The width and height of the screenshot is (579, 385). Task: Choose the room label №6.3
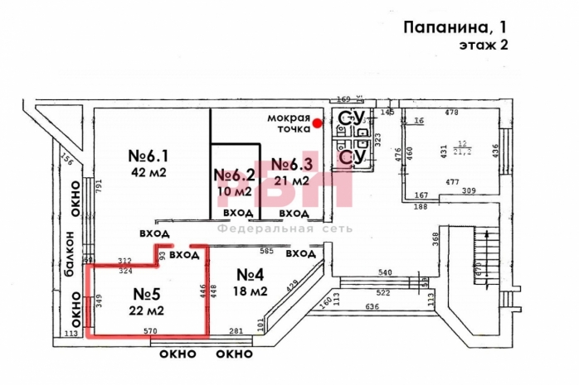pos(290,164)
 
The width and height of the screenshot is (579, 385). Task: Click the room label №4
pos(251,275)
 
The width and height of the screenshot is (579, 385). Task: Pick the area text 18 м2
pos(251,291)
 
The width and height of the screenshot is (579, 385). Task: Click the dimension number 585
pos(266,251)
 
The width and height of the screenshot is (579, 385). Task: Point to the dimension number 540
pos(385,272)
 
